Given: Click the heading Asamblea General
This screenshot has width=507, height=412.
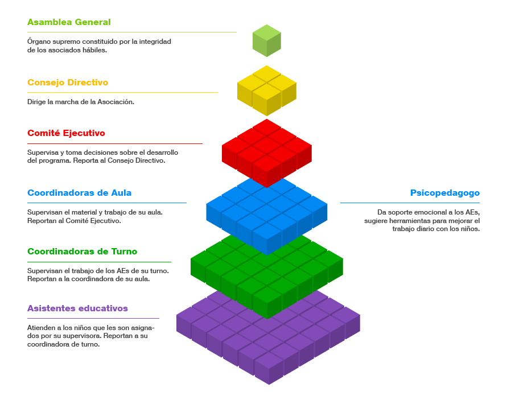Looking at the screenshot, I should tap(69, 22).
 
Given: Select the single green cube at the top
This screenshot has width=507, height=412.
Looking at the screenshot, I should tap(267, 40).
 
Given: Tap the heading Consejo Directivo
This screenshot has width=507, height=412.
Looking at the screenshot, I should tap(68, 83).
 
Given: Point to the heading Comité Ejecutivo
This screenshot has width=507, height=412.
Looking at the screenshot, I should tap(66, 133).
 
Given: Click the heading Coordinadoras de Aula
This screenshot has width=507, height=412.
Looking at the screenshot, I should tap(79, 193).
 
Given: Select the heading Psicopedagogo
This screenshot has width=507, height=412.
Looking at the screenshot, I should tap(444, 193).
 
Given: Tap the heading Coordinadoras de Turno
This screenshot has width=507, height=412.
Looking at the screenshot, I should tap(82, 252).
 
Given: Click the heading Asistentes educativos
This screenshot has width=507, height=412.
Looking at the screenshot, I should tap(77, 308).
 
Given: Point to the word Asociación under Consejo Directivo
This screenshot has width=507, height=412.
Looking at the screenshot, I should tap(116, 102).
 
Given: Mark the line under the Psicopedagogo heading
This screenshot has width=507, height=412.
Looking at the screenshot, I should tap(410, 203).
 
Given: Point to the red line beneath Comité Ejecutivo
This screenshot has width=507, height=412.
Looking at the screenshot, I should tap(114, 144).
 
